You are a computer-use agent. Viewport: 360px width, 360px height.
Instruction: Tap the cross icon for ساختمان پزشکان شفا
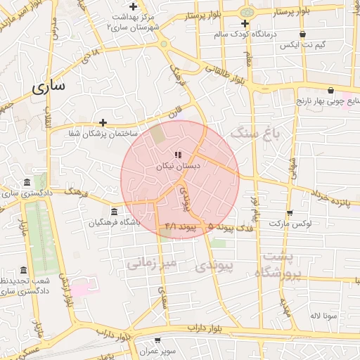tap(103, 122)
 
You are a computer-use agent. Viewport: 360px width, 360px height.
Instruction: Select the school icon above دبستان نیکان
tap(179, 154)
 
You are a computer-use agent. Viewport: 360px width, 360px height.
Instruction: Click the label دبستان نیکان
tap(179, 166)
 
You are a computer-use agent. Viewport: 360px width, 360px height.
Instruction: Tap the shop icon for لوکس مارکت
tap(290, 213)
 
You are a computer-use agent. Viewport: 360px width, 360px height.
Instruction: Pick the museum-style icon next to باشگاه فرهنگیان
tap(115, 212)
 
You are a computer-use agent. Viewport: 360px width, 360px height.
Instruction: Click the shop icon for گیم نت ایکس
tap(303, 34)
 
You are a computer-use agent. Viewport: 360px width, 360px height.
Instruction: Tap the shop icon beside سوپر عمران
tap(166, 340)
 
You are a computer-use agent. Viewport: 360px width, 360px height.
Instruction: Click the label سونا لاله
tap(325, 315)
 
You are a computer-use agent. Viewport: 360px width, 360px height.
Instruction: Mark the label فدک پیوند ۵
tap(226, 226)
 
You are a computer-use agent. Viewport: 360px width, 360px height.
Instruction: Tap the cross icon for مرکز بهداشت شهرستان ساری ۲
tap(132, 6)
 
